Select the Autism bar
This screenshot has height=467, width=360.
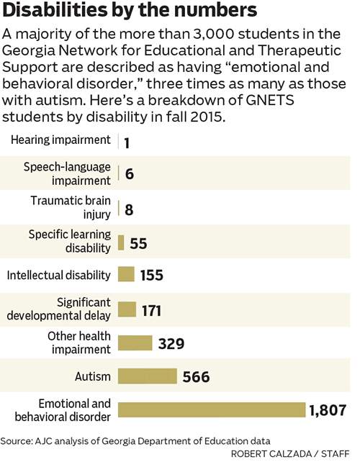coord(146,376)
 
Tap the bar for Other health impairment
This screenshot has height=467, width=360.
coord(134,343)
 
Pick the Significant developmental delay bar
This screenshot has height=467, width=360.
coord(126,309)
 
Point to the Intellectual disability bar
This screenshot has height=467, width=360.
coord(125,275)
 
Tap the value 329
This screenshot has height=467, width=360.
coord(171,343)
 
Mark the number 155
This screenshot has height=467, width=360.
coord(150,276)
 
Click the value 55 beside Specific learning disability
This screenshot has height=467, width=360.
coord(138,243)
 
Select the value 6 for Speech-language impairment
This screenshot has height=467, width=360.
coord(129,173)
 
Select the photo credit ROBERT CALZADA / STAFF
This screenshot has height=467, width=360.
coord(291,455)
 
